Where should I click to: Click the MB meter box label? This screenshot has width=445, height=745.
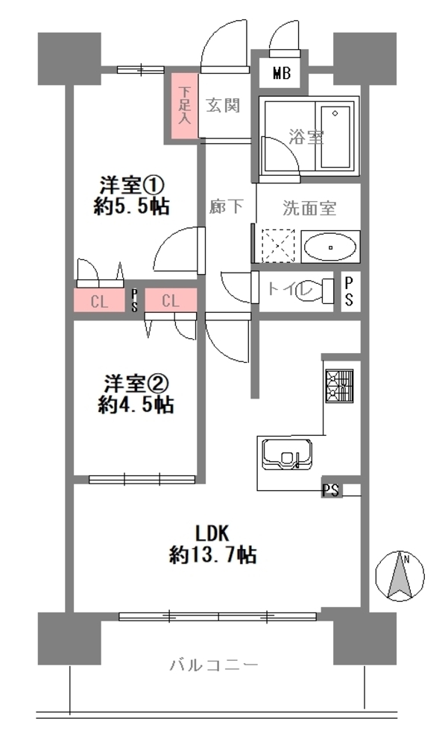tap(282, 74)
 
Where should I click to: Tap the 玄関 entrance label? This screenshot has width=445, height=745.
tap(223, 106)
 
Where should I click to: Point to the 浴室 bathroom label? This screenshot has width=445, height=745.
tap(306, 137)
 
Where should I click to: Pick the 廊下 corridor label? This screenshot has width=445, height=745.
tap(226, 206)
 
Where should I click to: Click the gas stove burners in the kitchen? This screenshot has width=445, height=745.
tap(339, 386)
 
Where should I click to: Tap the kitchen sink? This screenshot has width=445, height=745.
tap(287, 454)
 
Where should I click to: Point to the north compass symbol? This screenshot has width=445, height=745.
tap(400, 576)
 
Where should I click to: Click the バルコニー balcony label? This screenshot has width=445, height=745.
tap(214, 665)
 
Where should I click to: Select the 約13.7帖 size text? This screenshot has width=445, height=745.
tap(213, 555)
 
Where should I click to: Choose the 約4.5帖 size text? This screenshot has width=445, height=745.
tap(136, 405)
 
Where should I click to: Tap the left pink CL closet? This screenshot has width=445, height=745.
tap(99, 301)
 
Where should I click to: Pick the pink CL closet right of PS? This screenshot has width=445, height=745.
tap(171, 300)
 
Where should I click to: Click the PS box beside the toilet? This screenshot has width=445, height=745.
tap(349, 292)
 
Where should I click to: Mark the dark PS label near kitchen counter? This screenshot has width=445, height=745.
tap(332, 490)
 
